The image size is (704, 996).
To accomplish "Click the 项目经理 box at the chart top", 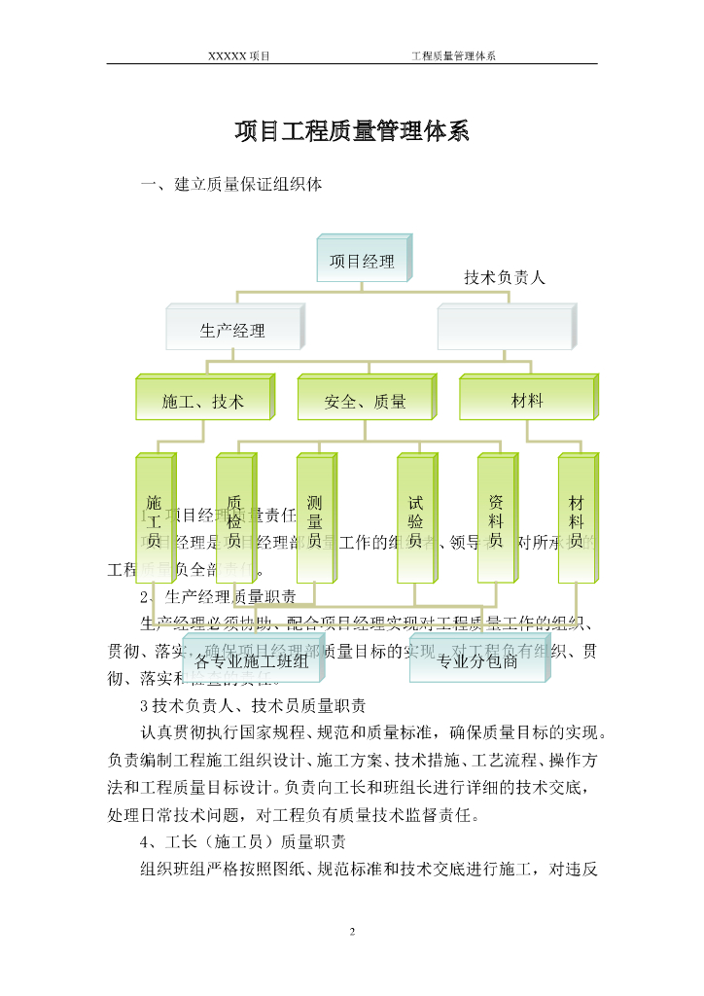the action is pos(362,261).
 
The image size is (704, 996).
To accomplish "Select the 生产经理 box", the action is pos(232,330).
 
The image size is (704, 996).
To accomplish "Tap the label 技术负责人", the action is pos(505,277).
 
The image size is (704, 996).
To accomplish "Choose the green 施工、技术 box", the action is pos(202,401).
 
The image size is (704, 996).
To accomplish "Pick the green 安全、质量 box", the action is pos(365,401).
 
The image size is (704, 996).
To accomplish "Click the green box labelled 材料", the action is pos(526,400).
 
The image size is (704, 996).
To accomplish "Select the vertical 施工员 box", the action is pos(154,520).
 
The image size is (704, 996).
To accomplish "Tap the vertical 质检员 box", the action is pos(233,520).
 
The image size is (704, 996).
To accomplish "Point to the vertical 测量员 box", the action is pos(314,520).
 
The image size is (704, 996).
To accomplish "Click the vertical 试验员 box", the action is pos(415,520).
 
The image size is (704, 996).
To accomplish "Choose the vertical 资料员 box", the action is pos(495,520).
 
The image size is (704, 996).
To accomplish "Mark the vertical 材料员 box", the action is pos(576,520).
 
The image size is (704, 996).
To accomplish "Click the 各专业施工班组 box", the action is pos(252,662).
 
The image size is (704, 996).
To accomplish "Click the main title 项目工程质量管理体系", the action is pos(352,132).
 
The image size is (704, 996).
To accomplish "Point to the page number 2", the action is pos(352,932).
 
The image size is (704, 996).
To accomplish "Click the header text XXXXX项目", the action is pos(238,55).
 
